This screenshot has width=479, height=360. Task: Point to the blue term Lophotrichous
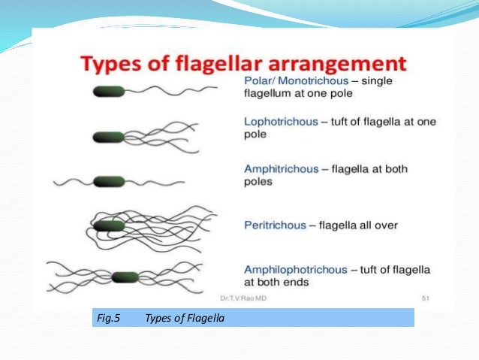(281, 122)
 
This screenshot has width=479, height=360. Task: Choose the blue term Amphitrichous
(282, 169)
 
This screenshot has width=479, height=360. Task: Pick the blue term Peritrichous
(275, 225)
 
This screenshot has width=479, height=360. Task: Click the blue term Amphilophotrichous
(296, 269)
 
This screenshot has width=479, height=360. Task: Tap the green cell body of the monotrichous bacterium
(109, 92)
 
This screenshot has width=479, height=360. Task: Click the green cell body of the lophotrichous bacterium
(109, 137)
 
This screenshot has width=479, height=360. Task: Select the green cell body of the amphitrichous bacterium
(109, 181)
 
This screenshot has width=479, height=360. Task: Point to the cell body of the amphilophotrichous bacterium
(124, 277)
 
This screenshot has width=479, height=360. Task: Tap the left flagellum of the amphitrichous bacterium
(71, 181)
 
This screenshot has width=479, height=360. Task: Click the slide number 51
(425, 298)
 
